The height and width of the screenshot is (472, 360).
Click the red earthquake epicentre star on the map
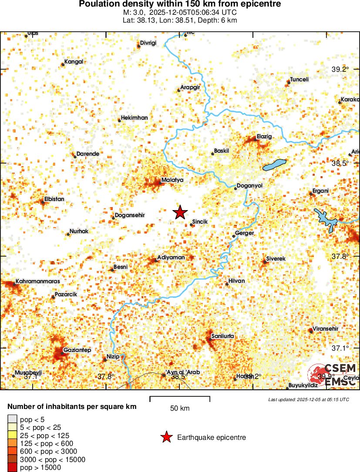180,212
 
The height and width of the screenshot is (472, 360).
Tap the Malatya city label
172,180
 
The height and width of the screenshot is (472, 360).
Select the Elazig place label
264,136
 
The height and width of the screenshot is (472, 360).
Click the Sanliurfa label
222,336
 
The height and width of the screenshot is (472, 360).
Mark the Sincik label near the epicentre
200,222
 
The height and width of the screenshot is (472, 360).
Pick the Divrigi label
148,43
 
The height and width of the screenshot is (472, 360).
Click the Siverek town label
276,258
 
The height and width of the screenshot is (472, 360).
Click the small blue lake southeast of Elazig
275,165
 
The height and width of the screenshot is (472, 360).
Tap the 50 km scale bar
180,398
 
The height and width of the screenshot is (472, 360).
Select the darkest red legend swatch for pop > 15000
12,468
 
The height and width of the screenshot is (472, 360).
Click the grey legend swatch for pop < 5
12,419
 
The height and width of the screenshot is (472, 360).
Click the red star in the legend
166,437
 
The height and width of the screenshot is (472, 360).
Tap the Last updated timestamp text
308,399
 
